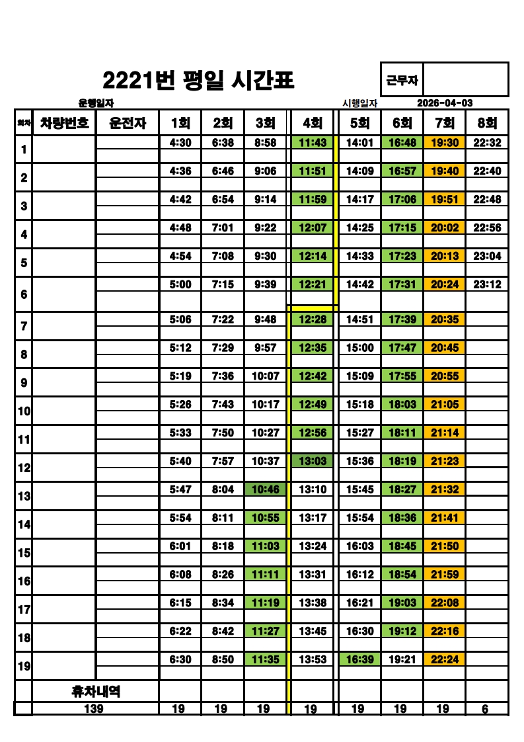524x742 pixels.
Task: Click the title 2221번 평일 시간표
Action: click(198, 81)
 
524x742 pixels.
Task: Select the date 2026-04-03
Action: click(445, 103)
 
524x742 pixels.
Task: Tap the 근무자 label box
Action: click(402, 80)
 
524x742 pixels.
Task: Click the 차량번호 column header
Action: click(65, 122)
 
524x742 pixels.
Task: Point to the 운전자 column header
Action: click(128, 123)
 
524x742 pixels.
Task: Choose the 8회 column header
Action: click(487, 123)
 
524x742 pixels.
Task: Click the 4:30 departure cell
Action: click(180, 142)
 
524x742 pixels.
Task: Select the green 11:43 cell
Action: click(313, 142)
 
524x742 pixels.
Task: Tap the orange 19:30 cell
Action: click(445, 142)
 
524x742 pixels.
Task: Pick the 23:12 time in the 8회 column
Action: click(487, 284)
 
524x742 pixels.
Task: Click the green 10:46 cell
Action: click(266, 489)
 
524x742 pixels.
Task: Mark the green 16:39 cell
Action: click(359, 659)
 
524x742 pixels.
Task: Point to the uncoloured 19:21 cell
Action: click(402, 659)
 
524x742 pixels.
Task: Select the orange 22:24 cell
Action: click(445, 659)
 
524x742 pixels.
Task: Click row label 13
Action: click(24, 496)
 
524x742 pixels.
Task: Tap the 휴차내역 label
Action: click(96, 692)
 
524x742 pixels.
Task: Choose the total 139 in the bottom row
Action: click(96, 709)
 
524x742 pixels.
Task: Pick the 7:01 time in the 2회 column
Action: click(223, 227)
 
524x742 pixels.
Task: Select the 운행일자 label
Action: click(96, 103)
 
